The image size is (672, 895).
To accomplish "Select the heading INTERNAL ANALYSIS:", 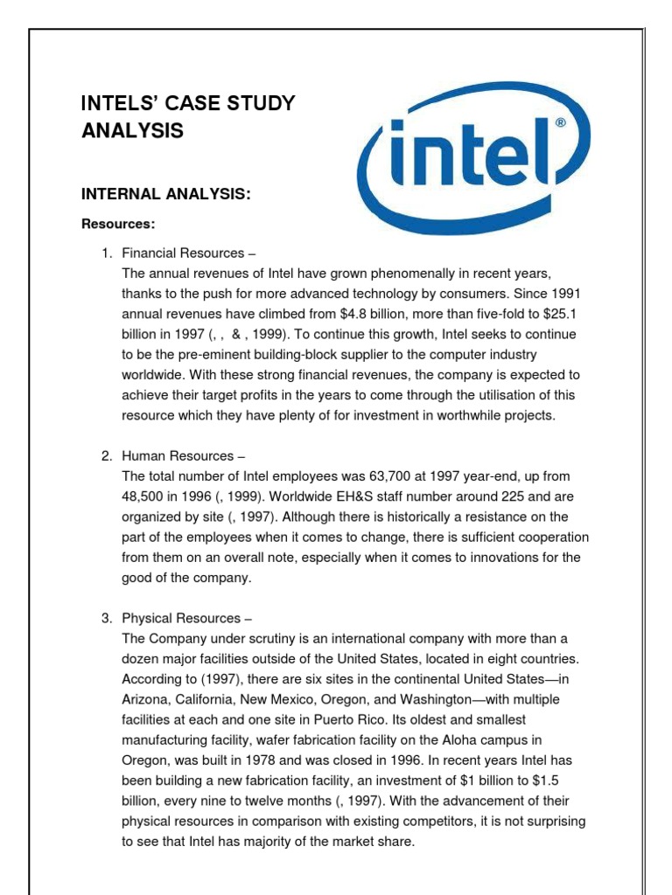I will (x=166, y=193).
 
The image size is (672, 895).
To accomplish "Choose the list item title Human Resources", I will (x=178, y=456).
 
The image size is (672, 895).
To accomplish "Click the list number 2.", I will (x=105, y=456).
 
